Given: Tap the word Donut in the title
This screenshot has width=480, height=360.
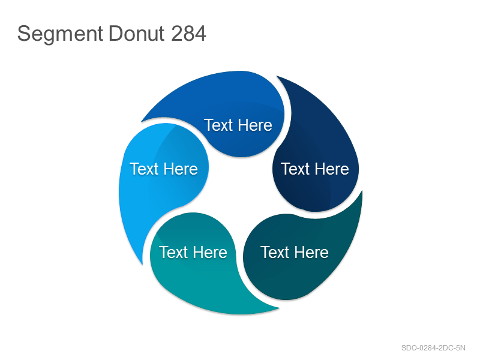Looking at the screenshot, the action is (137, 34).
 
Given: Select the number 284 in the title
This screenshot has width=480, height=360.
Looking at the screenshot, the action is (188, 34).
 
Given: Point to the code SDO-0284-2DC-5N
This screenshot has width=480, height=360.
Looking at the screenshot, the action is (433, 348).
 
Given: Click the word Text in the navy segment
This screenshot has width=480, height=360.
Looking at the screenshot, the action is (295, 169).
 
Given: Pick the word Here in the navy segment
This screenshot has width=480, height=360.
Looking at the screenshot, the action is (332, 169).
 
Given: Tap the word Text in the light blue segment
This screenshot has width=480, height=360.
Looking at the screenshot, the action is (144, 169).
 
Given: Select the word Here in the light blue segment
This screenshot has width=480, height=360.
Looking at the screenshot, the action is (181, 169).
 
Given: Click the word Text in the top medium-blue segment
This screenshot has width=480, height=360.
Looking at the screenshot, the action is (218, 125).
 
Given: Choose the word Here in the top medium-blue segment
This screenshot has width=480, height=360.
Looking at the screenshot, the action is (255, 125).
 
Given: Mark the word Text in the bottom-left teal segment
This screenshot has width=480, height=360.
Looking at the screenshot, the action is (173, 253).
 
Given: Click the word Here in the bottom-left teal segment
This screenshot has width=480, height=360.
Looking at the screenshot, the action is (210, 253).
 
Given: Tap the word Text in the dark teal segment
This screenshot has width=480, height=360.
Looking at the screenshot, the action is (275, 253).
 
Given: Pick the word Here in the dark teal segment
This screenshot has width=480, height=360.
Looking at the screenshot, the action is (311, 253).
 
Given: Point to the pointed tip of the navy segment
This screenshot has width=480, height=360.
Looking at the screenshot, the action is (277, 76).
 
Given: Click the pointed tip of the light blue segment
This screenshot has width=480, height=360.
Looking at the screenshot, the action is (142, 264).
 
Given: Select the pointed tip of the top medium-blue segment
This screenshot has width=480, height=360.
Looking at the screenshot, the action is (142, 122).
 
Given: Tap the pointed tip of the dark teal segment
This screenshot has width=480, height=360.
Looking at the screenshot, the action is (362, 191).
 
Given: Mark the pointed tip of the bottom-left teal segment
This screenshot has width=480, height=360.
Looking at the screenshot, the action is (279, 308).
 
